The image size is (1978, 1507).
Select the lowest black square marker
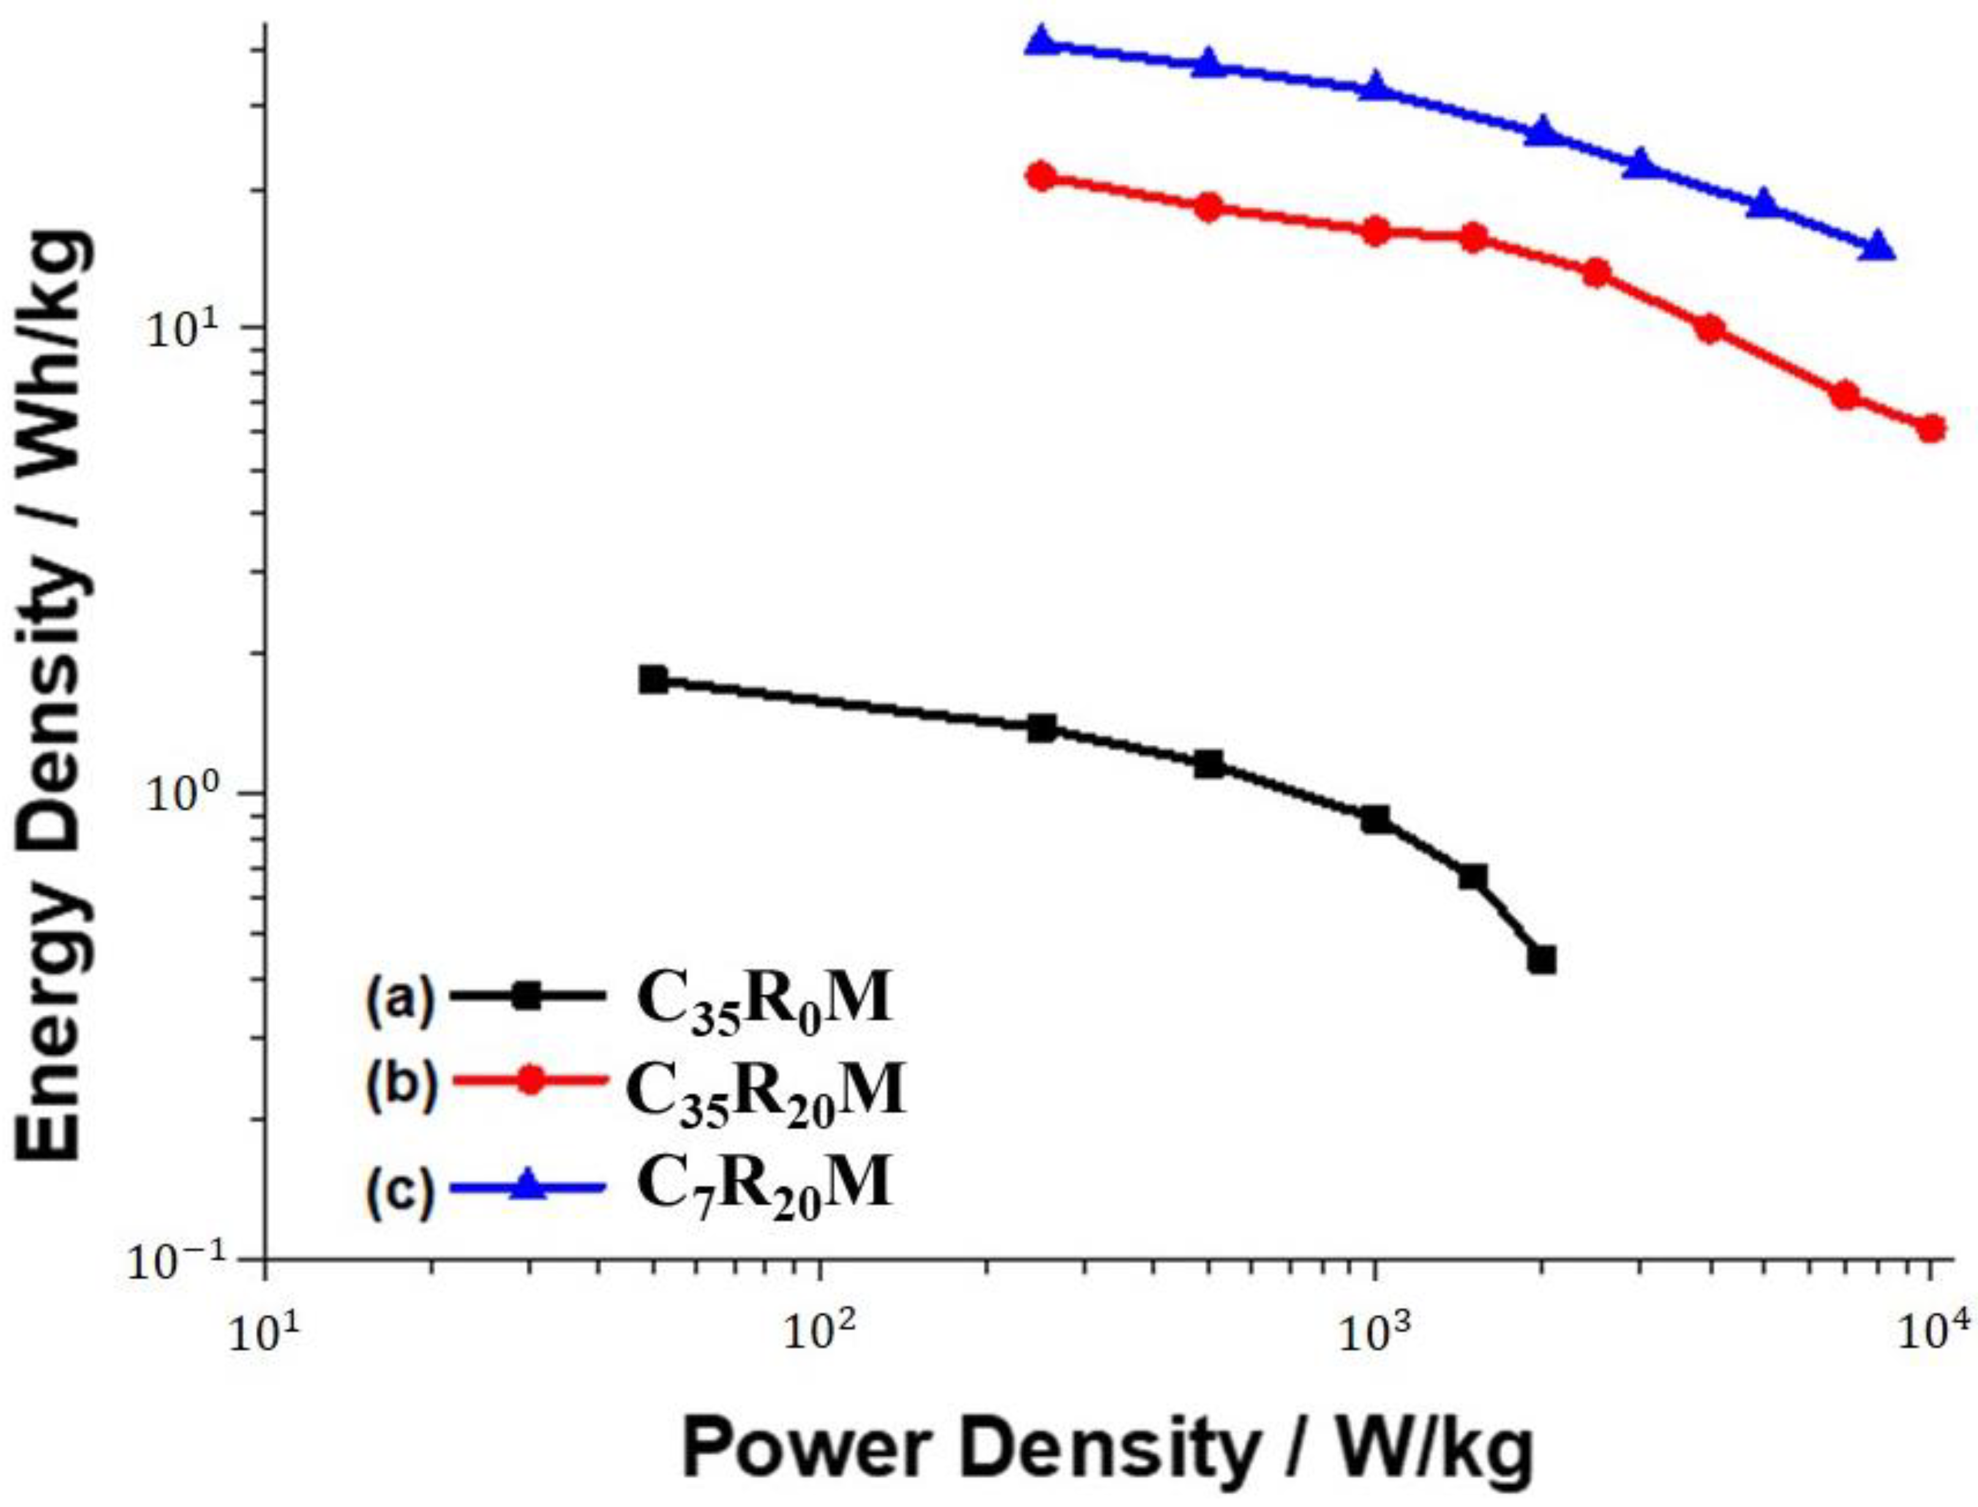tap(1541, 960)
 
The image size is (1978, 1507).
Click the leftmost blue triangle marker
tap(1040, 41)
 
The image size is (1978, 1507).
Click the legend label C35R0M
tap(764, 1002)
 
